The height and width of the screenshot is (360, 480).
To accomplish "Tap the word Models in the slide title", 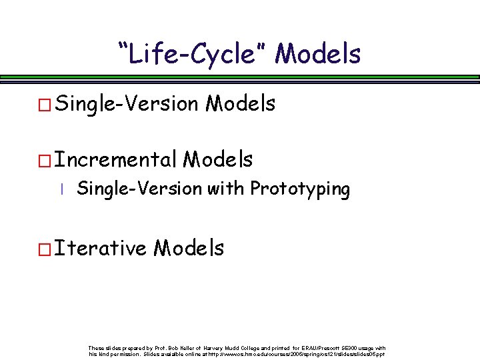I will pyautogui.click(x=317, y=53).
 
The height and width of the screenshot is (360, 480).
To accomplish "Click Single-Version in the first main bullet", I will pyautogui.click(x=127, y=104).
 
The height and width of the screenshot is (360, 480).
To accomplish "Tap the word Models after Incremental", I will pyautogui.click(x=218, y=160).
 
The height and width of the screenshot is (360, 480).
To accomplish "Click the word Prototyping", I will pyautogui.click(x=299, y=189).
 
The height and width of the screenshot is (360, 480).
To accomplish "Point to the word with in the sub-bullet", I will pyautogui.click(x=225, y=189).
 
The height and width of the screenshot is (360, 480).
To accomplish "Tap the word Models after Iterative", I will pyautogui.click(x=189, y=249).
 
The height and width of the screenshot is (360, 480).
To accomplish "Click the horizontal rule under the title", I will pyautogui.click(x=240, y=78).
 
